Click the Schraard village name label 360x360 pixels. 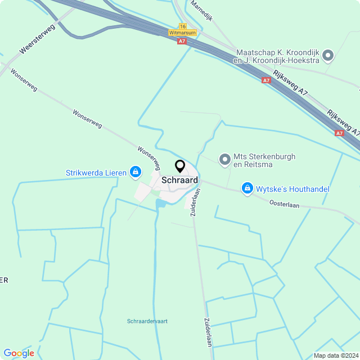coord(179,180)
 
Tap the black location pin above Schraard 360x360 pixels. coord(180,166)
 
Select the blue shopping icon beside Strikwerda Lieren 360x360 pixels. coord(135,171)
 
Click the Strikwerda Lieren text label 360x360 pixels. coord(96,173)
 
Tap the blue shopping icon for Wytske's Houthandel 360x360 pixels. coord(246,188)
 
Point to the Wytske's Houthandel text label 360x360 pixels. coord(292,189)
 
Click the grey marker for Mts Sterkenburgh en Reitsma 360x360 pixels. coord(224,160)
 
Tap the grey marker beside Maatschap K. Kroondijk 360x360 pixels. coord(328,56)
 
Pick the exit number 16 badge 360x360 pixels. coord(182,26)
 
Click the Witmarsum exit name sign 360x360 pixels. coord(182,33)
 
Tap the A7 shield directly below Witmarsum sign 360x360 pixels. coord(181,41)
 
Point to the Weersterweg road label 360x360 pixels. coord(39,39)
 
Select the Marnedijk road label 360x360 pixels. coord(201,10)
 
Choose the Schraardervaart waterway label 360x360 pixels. coord(147,321)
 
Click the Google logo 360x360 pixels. coord(19,353)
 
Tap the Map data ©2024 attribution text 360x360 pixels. coord(335,355)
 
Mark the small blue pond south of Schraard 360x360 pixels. coord(160,201)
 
